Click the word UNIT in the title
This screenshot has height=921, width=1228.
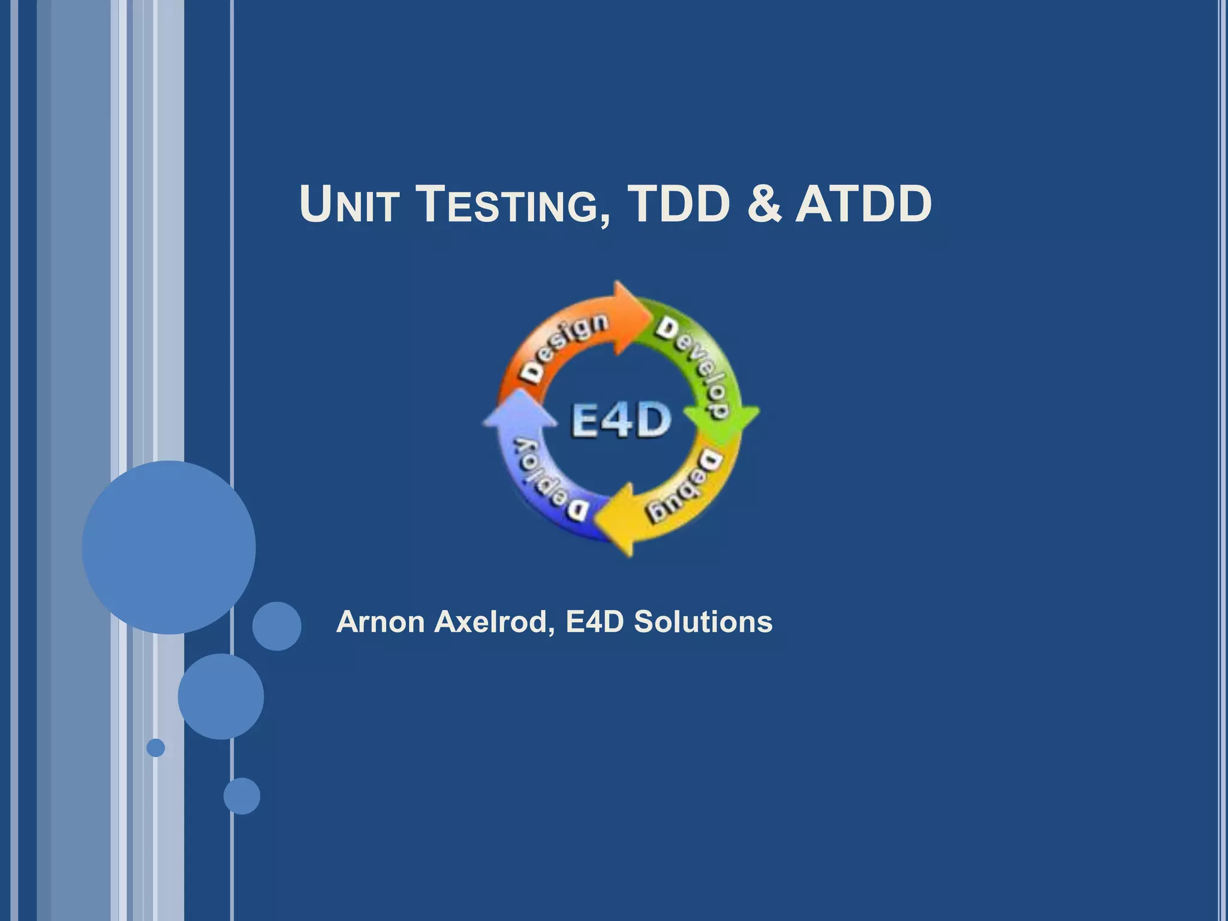point(349,205)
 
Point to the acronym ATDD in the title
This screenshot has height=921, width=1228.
point(863,205)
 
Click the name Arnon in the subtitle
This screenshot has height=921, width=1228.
point(381,622)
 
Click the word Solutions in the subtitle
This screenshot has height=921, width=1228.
point(703,622)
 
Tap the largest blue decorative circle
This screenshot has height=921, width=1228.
point(168,547)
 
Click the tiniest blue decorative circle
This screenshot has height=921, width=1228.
point(156,748)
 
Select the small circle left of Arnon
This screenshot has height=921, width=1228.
point(276,626)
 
